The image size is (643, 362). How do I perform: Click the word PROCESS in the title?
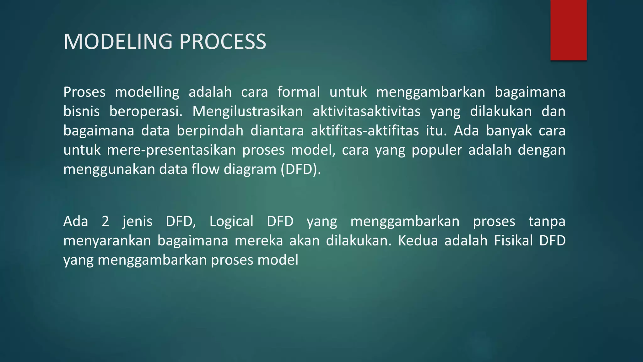point(223,42)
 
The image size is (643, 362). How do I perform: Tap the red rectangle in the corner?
point(568,30)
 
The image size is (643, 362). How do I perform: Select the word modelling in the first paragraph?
point(147,92)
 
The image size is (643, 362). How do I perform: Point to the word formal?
point(298,92)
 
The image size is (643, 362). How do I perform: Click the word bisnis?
point(81,112)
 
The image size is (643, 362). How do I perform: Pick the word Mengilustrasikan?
point(247,112)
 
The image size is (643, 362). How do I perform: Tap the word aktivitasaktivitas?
point(366,112)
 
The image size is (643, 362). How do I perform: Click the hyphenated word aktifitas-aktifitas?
point(365,131)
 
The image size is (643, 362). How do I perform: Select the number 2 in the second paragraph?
point(105,222)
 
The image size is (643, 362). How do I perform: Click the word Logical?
point(231,222)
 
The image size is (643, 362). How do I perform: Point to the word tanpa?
point(547,222)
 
